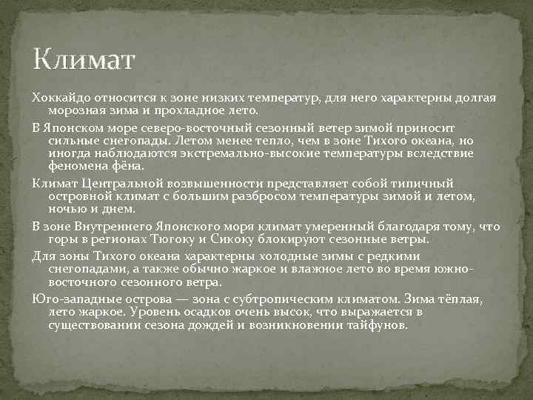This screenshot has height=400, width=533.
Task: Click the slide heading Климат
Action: (x=84, y=59)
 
